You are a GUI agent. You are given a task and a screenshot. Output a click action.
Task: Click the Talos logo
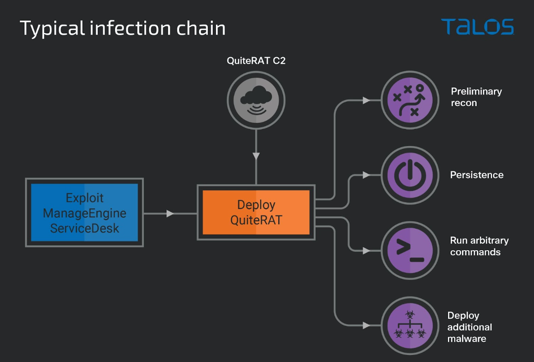pos(477,27)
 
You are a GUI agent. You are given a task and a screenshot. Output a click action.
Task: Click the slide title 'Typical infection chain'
pos(123,28)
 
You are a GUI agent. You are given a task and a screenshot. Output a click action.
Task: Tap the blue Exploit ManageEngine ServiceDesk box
pos(84,212)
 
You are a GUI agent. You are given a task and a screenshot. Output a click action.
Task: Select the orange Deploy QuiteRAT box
pos(256,212)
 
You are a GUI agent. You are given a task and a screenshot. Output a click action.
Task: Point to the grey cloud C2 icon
pos(256,100)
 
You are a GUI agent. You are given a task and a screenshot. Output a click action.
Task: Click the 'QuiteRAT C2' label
pos(256,61)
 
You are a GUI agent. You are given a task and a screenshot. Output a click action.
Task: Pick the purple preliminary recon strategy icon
pos(409,100)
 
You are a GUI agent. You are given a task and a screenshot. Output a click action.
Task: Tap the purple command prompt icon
pos(409,251)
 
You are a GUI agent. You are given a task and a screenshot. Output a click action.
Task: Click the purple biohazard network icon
pos(409,326)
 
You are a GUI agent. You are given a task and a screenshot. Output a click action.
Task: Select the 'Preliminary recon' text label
pos(476,97)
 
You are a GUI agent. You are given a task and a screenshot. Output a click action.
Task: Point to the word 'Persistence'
pos(477,175)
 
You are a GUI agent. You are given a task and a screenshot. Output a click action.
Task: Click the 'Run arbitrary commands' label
pos(479,246)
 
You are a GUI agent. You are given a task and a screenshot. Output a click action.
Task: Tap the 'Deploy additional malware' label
pos(470,327)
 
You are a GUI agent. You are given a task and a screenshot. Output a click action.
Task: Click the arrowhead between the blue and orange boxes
pos(170,213)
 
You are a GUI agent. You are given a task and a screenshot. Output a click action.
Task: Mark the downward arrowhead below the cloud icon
pos(256,156)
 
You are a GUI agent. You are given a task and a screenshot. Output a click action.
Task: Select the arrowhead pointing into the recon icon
pos(366,101)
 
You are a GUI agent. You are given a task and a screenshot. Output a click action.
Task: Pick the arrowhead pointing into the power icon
pos(366,175)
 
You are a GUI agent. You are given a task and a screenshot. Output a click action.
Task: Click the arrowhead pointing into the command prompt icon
pos(366,251)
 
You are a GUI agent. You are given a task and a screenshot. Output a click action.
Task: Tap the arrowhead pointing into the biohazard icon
pos(366,326)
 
